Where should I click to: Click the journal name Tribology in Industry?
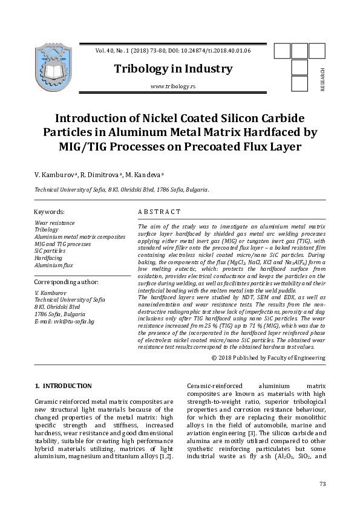(x=173, y=69)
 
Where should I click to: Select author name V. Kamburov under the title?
(x=56, y=175)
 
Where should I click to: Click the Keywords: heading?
(x=50, y=212)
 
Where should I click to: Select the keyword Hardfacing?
(x=48, y=258)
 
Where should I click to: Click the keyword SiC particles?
(x=50, y=251)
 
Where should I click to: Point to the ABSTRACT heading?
(x=159, y=212)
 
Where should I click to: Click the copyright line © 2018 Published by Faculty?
(x=268, y=358)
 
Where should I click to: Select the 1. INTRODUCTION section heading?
(x=64, y=386)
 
